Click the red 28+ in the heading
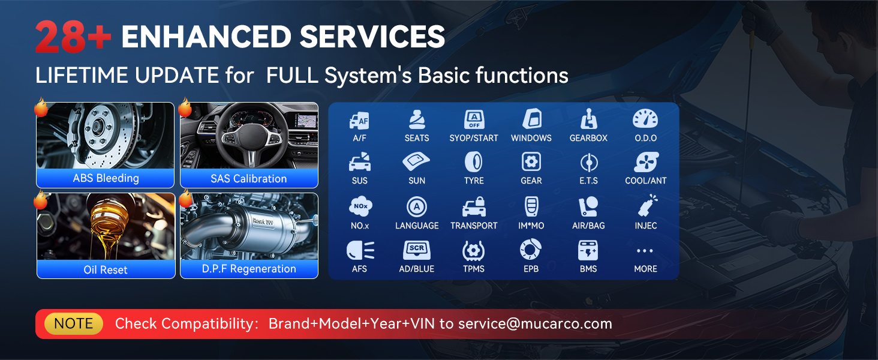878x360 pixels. [73, 37]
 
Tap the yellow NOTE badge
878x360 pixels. [74, 323]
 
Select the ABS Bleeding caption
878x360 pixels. [106, 178]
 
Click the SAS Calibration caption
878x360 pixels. [248, 179]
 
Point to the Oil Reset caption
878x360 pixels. [106, 270]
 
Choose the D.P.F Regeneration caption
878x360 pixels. [249, 269]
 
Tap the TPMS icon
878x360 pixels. [474, 251]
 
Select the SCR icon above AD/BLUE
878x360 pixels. [417, 250]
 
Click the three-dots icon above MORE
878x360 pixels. [645, 251]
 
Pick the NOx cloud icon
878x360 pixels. [360, 206]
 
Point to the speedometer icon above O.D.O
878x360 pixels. [645, 118]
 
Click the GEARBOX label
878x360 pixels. [588, 138]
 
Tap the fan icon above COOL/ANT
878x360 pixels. [646, 162]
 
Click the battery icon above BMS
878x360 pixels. [588, 251]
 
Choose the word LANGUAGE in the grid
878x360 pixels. [417, 226]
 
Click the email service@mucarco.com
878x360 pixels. [535, 324]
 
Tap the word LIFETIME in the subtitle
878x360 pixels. [82, 75]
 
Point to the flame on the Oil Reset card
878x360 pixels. [40, 200]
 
